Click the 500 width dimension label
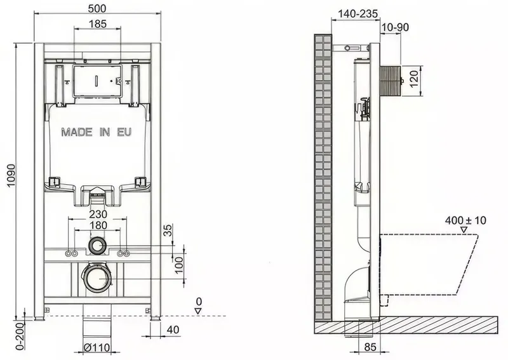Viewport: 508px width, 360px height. [97, 8]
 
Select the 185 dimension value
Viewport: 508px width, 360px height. [98, 23]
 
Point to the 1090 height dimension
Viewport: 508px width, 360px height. [11, 176]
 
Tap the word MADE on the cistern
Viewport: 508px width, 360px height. [77, 132]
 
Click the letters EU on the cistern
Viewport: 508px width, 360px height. [124, 132]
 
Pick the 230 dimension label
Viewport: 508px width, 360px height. [98, 214]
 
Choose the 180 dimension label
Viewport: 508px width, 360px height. [98, 225]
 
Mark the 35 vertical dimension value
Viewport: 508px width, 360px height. [168, 230]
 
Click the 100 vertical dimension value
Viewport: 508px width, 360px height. [179, 264]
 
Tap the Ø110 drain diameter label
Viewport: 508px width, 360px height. [97, 348]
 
